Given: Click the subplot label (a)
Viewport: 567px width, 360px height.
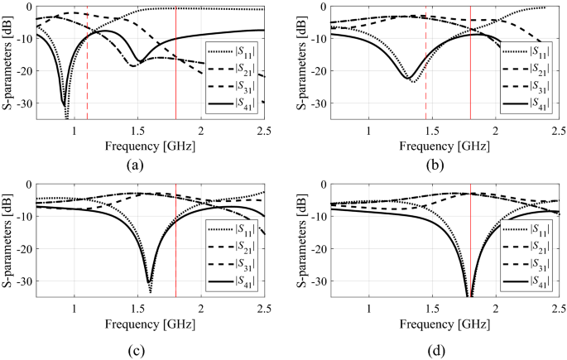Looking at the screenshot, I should pos(137,165).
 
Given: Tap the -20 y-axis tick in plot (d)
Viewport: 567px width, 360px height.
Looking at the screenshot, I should pos(315,250).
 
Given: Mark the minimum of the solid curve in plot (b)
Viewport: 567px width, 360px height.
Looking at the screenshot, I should pos(408,79).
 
